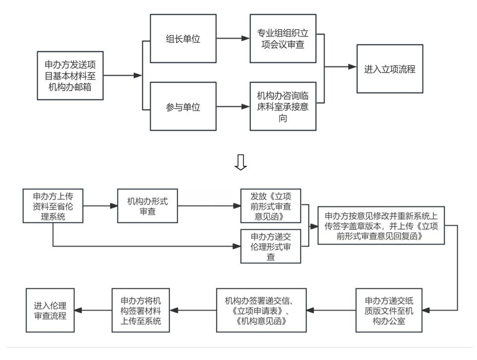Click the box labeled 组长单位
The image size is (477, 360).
click(x=183, y=39)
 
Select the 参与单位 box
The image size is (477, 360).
click(x=183, y=106)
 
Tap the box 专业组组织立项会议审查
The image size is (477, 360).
click(x=283, y=39)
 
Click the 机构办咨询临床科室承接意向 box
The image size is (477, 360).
click(x=283, y=106)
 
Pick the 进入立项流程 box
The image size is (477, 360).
click(x=390, y=69)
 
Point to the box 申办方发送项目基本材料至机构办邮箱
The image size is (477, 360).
click(x=70, y=75)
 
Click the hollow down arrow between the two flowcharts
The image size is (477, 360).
click(x=241, y=162)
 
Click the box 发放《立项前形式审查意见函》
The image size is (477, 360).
click(x=270, y=206)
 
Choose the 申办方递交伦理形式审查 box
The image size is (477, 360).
click(x=270, y=246)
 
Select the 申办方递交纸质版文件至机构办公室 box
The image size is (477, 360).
click(x=388, y=310)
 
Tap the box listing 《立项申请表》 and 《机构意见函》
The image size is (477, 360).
click(x=262, y=310)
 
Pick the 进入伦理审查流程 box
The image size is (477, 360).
click(x=51, y=310)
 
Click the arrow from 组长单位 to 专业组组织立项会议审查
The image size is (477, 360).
click(x=233, y=39)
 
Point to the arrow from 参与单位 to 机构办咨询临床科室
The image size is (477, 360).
click(x=233, y=106)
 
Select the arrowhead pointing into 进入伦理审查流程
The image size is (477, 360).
click(x=79, y=310)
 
